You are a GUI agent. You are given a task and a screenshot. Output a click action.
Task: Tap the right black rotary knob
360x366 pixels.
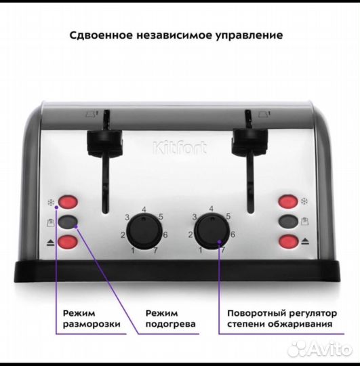coord(212,232)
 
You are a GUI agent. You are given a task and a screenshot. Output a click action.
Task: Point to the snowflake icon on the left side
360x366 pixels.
coord(49,202)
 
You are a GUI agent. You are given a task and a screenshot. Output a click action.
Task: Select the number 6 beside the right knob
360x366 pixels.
coord(233,234)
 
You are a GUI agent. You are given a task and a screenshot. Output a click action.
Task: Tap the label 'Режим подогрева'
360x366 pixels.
coord(171,319)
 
